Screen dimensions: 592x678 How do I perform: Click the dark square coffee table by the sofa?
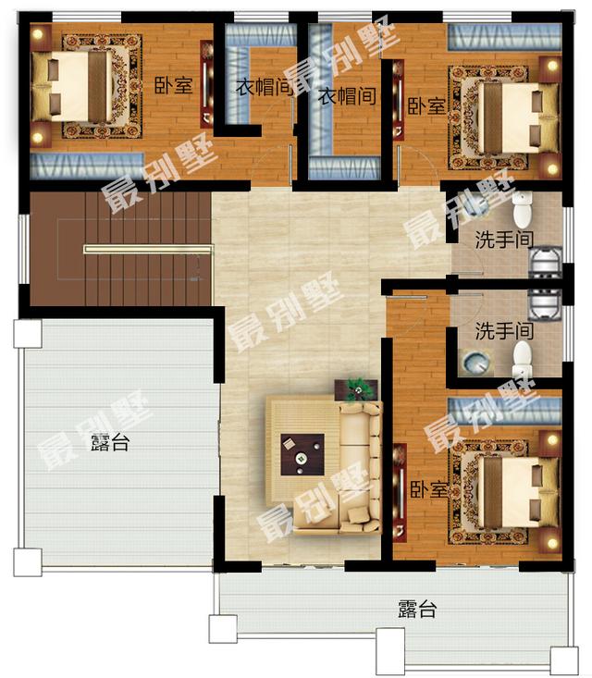click(x=302, y=454)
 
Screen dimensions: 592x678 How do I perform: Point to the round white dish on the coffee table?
click(x=301, y=458)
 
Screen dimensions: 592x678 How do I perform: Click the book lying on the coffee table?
click(x=290, y=443)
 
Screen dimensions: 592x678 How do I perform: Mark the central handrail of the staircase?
click(x=148, y=249)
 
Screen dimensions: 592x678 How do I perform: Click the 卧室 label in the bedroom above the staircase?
click(x=173, y=86)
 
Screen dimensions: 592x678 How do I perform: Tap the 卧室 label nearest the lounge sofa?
click(x=428, y=489)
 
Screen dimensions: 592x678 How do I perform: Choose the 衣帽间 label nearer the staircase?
click(x=264, y=87)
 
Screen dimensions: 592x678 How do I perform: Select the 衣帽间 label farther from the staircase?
click(x=347, y=96)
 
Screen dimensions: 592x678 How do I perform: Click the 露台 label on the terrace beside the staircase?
click(x=110, y=443)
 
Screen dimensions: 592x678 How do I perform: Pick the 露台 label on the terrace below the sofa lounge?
click(x=417, y=609)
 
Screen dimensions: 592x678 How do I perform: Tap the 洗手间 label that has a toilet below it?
click(x=504, y=331)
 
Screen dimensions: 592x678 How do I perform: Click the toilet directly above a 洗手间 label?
click(x=523, y=210)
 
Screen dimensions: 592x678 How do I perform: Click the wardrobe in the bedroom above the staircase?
click(x=86, y=165)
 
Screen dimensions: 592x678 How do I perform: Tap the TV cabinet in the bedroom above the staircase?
click(x=206, y=84)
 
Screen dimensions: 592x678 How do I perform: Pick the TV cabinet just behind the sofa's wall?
click(x=400, y=492)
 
